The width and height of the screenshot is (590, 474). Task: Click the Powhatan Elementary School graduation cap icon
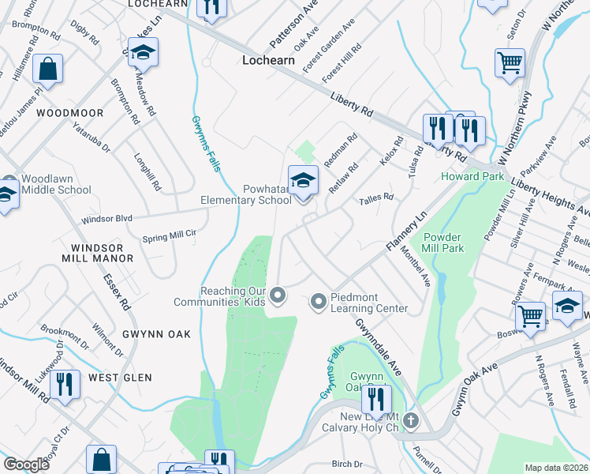pos(303,181)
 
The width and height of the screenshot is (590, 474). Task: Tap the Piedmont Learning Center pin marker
pos(319,300)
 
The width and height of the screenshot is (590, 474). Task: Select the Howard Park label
pos(472,176)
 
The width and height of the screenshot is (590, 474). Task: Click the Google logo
pos(27,465)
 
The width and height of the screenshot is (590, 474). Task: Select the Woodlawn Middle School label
pos(56,184)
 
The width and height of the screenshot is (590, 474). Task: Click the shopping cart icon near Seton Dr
pos(510,62)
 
